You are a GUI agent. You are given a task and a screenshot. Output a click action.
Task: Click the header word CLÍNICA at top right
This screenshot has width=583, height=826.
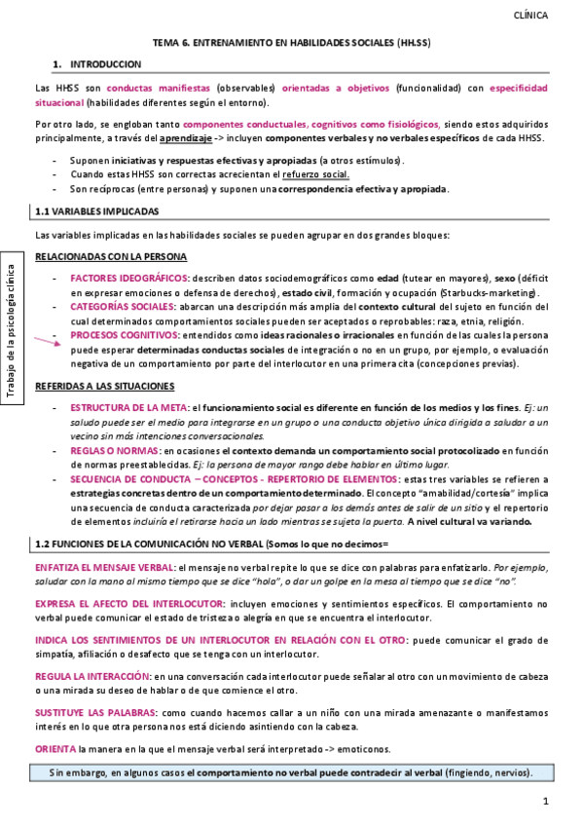pyautogui.click(x=530, y=16)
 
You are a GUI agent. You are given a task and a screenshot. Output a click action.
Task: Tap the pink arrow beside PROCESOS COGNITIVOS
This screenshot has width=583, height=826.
pyautogui.click(x=47, y=339)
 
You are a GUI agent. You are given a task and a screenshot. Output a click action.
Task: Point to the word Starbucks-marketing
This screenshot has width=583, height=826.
pyautogui.click(x=492, y=294)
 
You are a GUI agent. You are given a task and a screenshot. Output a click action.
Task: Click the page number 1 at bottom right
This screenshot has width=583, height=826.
pyautogui.click(x=546, y=802)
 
